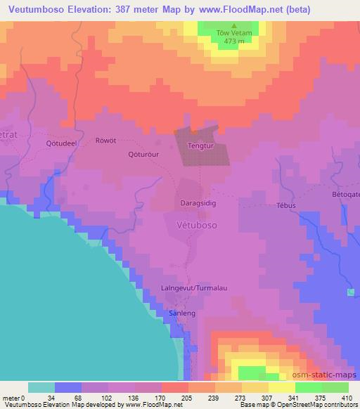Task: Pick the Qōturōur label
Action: click(x=143, y=154)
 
